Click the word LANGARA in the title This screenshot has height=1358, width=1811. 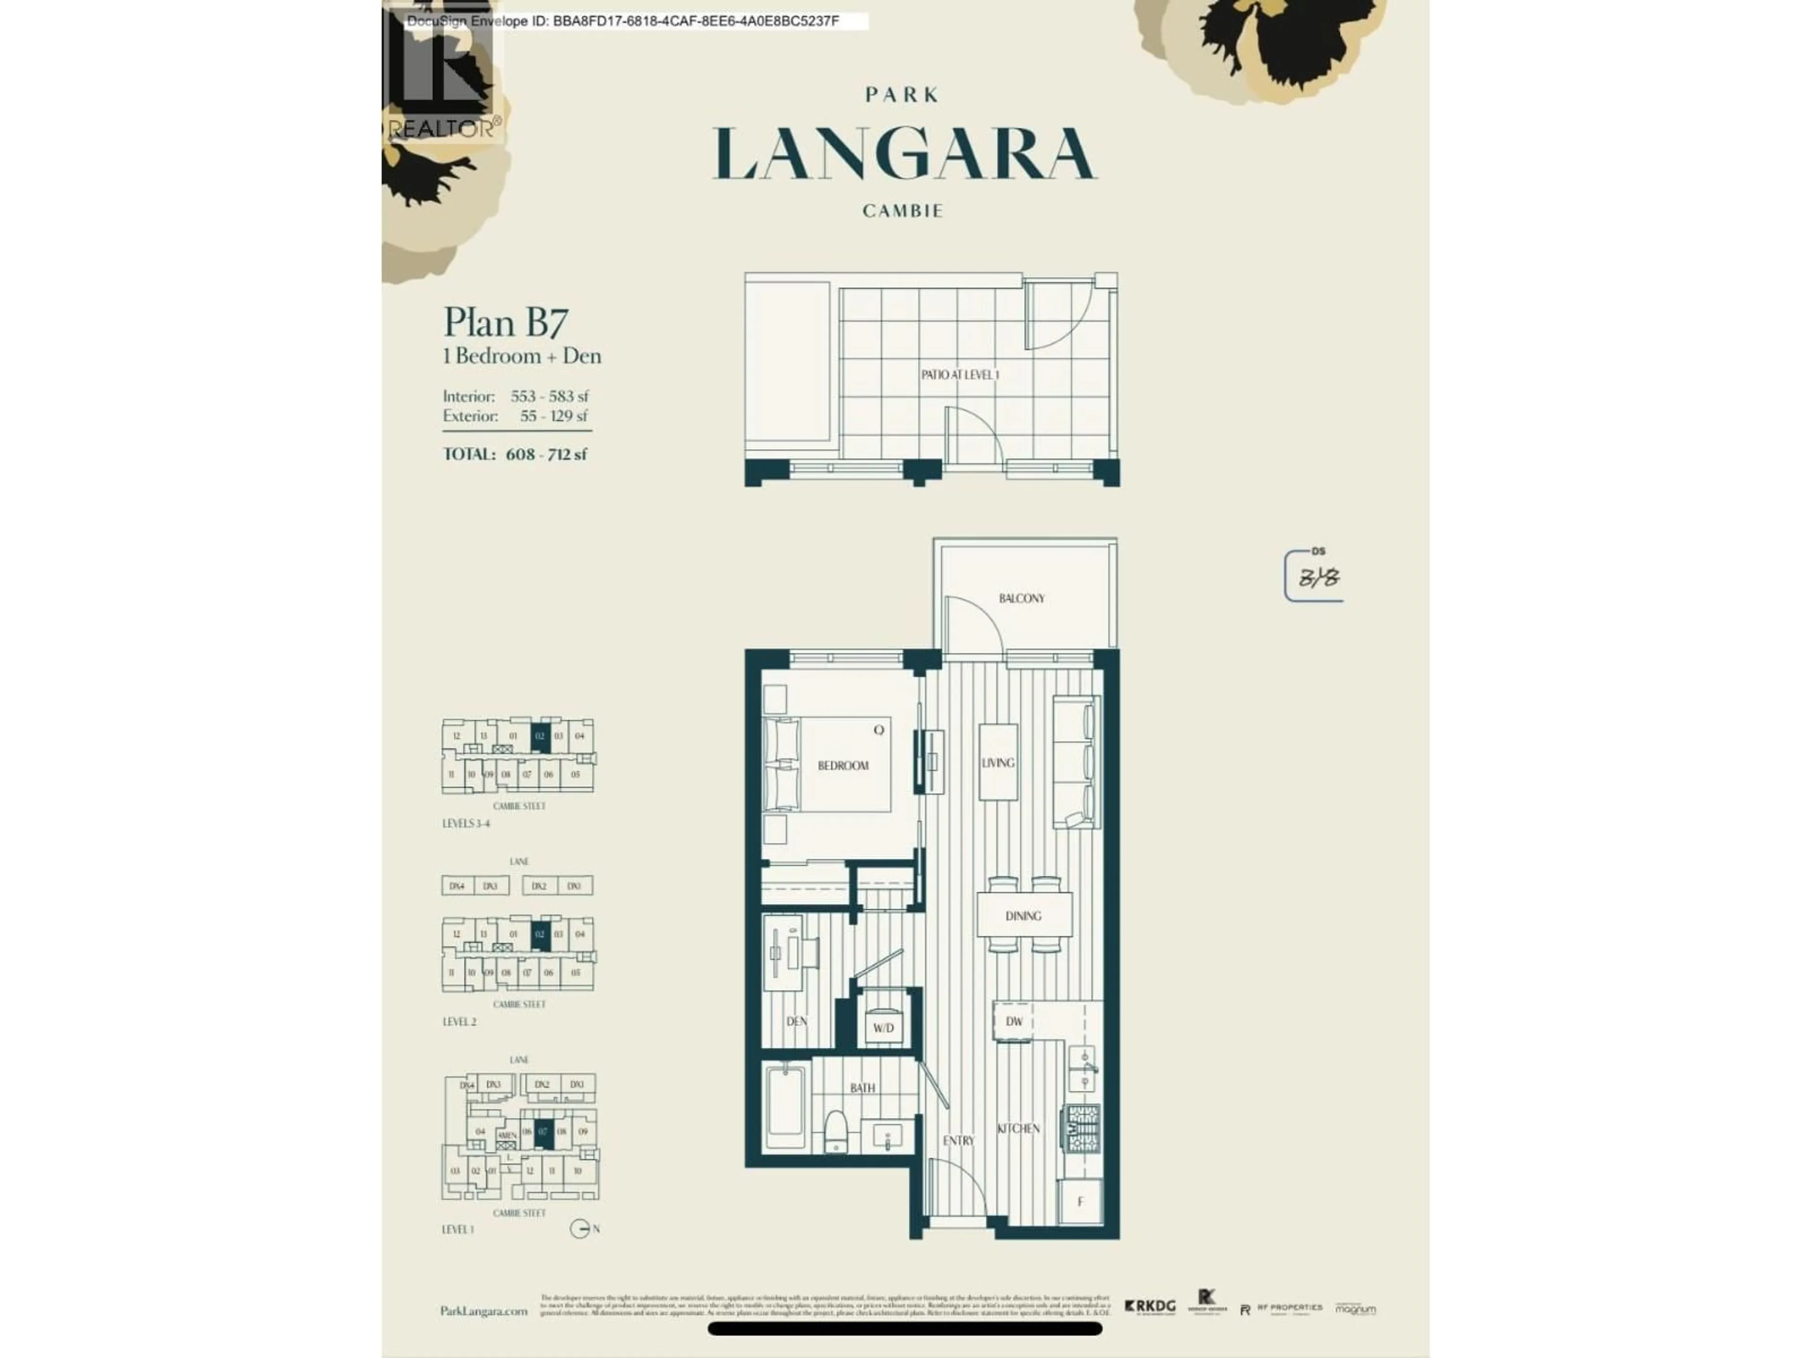904,154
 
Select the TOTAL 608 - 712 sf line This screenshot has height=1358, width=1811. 515,454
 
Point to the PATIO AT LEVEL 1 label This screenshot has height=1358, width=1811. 960,375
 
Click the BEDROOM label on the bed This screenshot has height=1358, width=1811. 842,765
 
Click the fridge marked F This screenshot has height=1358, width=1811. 1080,1201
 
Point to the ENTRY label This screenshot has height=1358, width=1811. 958,1140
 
